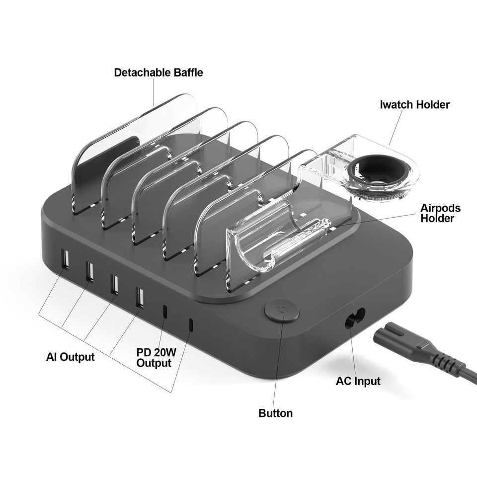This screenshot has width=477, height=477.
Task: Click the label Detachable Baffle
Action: [x=159, y=72]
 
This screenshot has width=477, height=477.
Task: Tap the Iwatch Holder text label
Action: [x=414, y=105]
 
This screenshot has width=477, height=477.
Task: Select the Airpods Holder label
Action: [x=440, y=213]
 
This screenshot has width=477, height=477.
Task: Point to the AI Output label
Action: [x=70, y=357]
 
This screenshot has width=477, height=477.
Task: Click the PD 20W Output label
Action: [x=157, y=358]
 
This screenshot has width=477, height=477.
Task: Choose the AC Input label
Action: [x=358, y=381]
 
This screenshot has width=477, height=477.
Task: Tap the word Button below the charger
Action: [x=275, y=413]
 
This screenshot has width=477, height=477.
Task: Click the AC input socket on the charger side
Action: [x=355, y=317]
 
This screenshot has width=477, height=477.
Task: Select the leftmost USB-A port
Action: [x=65, y=259]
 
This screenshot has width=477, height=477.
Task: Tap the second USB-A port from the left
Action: [x=89, y=271]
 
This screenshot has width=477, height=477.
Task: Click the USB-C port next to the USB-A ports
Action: [x=165, y=312]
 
